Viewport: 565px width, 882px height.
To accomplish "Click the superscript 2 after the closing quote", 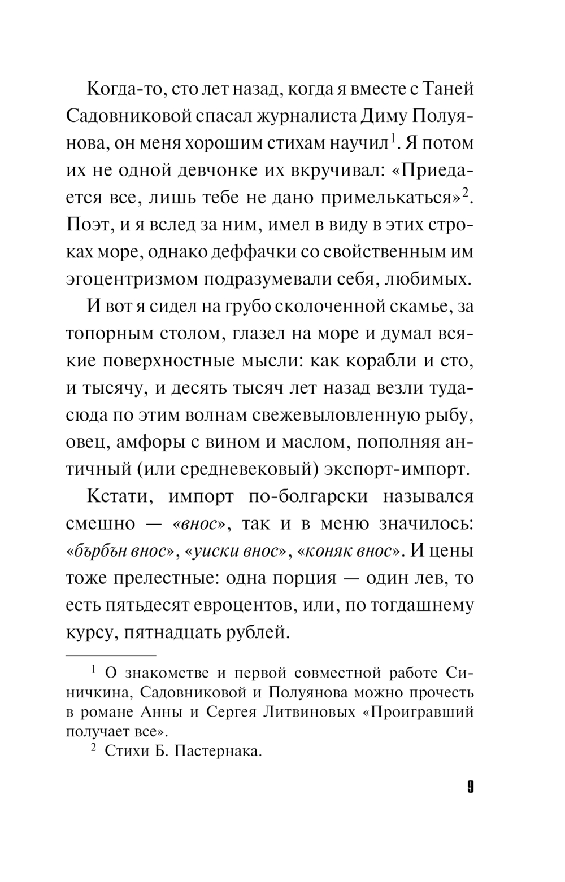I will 466,193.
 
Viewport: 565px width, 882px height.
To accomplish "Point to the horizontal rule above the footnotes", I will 111,656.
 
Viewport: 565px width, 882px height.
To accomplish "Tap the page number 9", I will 470,787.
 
